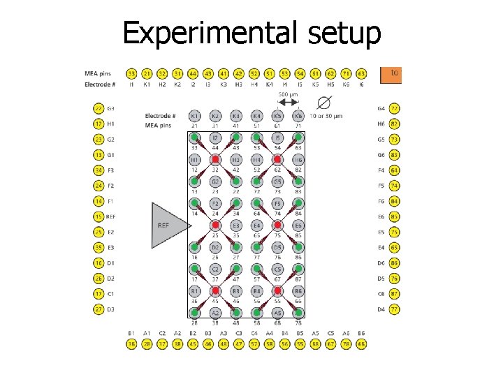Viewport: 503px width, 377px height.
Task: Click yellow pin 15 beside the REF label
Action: [x=99, y=216]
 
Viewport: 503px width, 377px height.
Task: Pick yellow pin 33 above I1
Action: [x=131, y=73]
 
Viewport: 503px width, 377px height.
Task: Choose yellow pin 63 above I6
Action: [x=361, y=73]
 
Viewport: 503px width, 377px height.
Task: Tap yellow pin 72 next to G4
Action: [x=395, y=108]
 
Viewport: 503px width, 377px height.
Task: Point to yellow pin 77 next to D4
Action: [x=395, y=309]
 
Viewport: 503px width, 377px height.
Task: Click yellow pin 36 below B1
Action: [x=131, y=343]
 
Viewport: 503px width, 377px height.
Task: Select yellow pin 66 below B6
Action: [x=361, y=343]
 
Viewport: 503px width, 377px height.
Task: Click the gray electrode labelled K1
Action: [x=194, y=115]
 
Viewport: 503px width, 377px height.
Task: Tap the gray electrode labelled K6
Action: [x=298, y=115]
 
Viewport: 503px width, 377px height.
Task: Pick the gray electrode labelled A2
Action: [x=215, y=313]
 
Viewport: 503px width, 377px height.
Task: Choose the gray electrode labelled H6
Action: [x=298, y=160]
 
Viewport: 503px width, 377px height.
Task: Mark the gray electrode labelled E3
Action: [x=236, y=226]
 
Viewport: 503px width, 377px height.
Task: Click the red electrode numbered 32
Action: [x=215, y=160]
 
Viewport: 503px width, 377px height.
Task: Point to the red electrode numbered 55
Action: [x=277, y=291]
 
